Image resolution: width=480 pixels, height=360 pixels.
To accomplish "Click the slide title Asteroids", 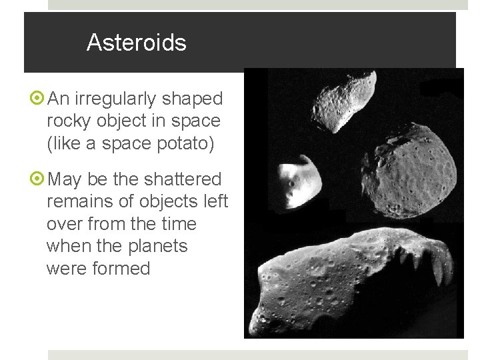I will coord(136,43).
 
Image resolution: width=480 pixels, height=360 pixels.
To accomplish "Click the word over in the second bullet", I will coord(63,224).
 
